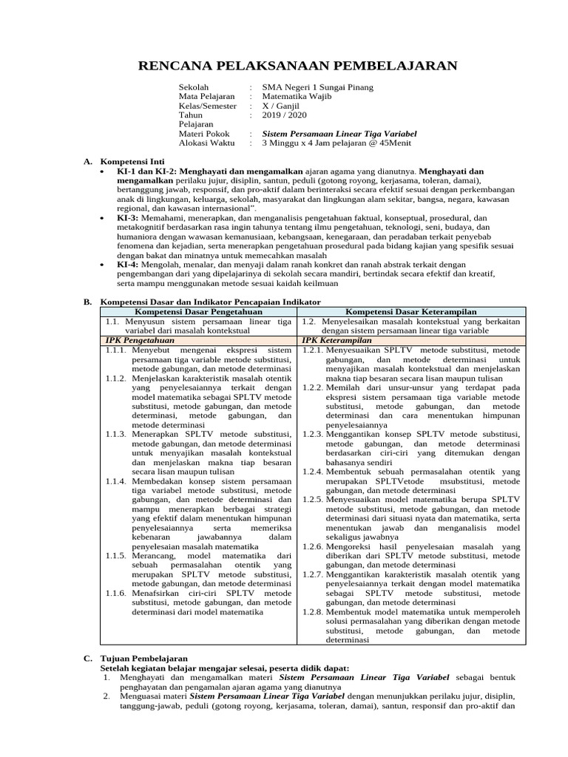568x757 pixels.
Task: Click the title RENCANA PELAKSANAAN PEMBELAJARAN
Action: pyautogui.click(x=298, y=67)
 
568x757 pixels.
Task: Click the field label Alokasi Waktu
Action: pyautogui.click(x=206, y=143)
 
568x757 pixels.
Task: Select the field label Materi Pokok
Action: pyautogui.click(x=204, y=134)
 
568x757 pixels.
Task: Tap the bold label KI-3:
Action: pyautogui.click(x=128, y=219)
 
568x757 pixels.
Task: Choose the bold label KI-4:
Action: pyautogui.click(x=128, y=264)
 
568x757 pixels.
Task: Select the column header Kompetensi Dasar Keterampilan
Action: pyautogui.click(x=410, y=312)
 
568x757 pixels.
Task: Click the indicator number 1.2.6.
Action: pyautogui.click(x=311, y=547)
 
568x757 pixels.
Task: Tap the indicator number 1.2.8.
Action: pyautogui.click(x=311, y=613)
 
